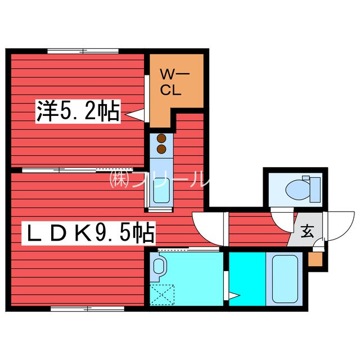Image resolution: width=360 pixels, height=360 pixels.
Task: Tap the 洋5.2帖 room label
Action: pyautogui.click(x=78, y=112)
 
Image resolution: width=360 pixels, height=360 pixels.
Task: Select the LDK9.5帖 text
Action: pyautogui.click(x=88, y=232)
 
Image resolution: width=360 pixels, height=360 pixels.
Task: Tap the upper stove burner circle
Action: pyautogui.click(x=161, y=138)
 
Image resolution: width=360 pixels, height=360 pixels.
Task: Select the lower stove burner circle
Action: pyautogui.click(x=161, y=149)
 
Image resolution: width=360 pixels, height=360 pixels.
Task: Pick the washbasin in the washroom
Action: pyautogui.click(x=158, y=264)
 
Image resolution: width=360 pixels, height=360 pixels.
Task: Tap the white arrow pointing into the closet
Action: pyautogui.click(x=135, y=115)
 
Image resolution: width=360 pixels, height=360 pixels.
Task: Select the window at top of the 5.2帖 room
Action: pyautogui.click(x=82, y=51)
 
